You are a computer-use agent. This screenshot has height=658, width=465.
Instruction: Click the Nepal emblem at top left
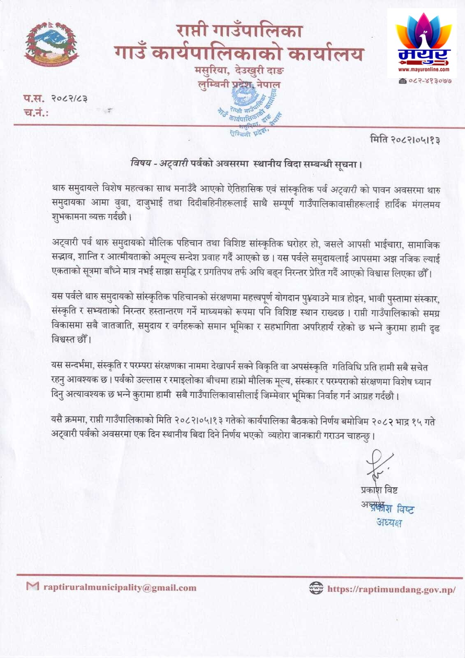pyautogui.click(x=51, y=44)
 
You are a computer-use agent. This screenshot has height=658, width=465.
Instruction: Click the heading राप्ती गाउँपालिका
pyautogui.click(x=239, y=31)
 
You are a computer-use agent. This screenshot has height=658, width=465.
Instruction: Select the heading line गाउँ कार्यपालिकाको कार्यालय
pyautogui.click(x=239, y=53)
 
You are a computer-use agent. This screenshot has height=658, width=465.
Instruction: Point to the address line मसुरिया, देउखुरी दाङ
pyautogui.click(x=239, y=70)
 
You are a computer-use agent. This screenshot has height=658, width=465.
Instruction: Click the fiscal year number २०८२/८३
pyautogui.click(x=69, y=98)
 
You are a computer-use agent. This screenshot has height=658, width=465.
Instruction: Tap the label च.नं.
pyautogui.click(x=36, y=112)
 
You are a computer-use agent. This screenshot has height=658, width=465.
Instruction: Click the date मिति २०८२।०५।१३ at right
pyautogui.click(x=405, y=140)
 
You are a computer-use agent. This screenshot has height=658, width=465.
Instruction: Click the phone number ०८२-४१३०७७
pyautogui.click(x=429, y=81)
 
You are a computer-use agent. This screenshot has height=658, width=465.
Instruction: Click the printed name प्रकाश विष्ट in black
pyautogui.click(x=379, y=490)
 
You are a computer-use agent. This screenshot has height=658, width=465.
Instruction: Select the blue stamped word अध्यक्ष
pyautogui.click(x=389, y=523)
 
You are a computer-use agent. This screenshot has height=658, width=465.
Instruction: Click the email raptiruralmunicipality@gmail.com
pyautogui.click(x=120, y=588)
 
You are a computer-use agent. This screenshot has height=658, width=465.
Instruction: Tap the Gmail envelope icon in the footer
pyautogui.click(x=32, y=586)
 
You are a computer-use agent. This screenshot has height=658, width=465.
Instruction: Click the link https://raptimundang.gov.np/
pyautogui.click(x=391, y=589)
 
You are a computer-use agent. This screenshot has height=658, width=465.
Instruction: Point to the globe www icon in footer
pyautogui.click(x=316, y=588)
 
